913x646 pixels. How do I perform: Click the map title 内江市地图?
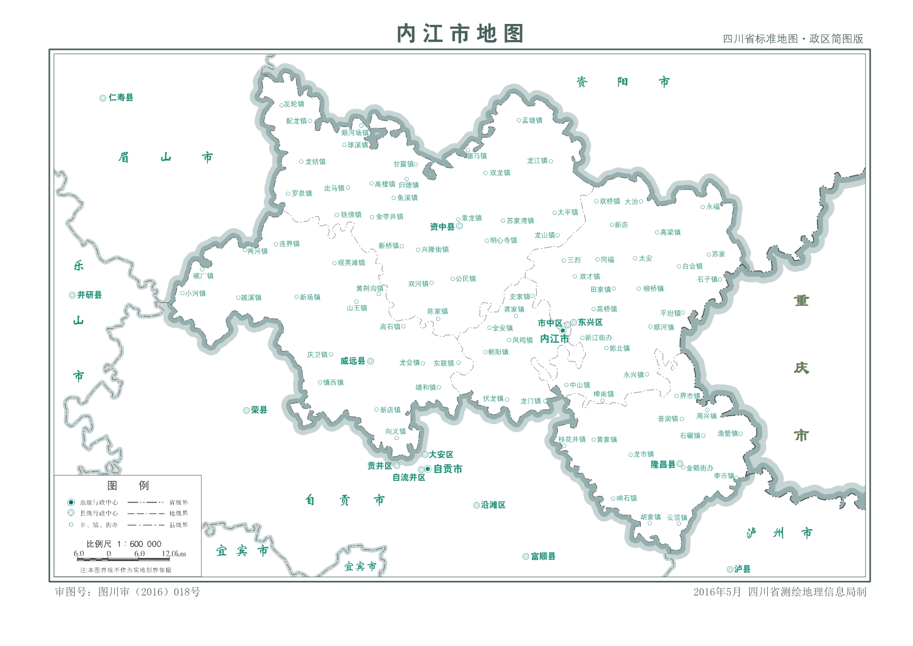[460, 34]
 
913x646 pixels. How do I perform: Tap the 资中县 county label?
[442, 227]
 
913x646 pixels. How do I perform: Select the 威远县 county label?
[352, 361]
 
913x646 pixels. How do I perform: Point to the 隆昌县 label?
[663, 464]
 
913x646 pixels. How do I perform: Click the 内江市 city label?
[554, 339]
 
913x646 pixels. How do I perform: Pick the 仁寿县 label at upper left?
[121, 97]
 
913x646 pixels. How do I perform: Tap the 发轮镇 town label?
[294, 104]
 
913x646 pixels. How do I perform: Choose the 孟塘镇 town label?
[532, 120]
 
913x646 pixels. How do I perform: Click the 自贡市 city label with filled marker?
[448, 469]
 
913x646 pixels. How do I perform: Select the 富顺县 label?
[543, 556]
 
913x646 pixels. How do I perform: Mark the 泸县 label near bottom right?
[742, 569]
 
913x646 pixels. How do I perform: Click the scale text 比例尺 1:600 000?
[124, 544]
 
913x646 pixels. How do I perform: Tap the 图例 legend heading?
[128, 486]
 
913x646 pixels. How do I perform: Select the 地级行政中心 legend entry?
[98, 503]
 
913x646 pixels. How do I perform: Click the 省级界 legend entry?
[179, 503]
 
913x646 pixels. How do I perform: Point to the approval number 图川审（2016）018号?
[128, 592]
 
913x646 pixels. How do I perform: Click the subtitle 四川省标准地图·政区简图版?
[793, 39]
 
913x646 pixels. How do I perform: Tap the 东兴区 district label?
[590, 322]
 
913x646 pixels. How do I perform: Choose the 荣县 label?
[259, 410]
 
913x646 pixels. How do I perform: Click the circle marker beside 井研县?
[72, 295]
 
